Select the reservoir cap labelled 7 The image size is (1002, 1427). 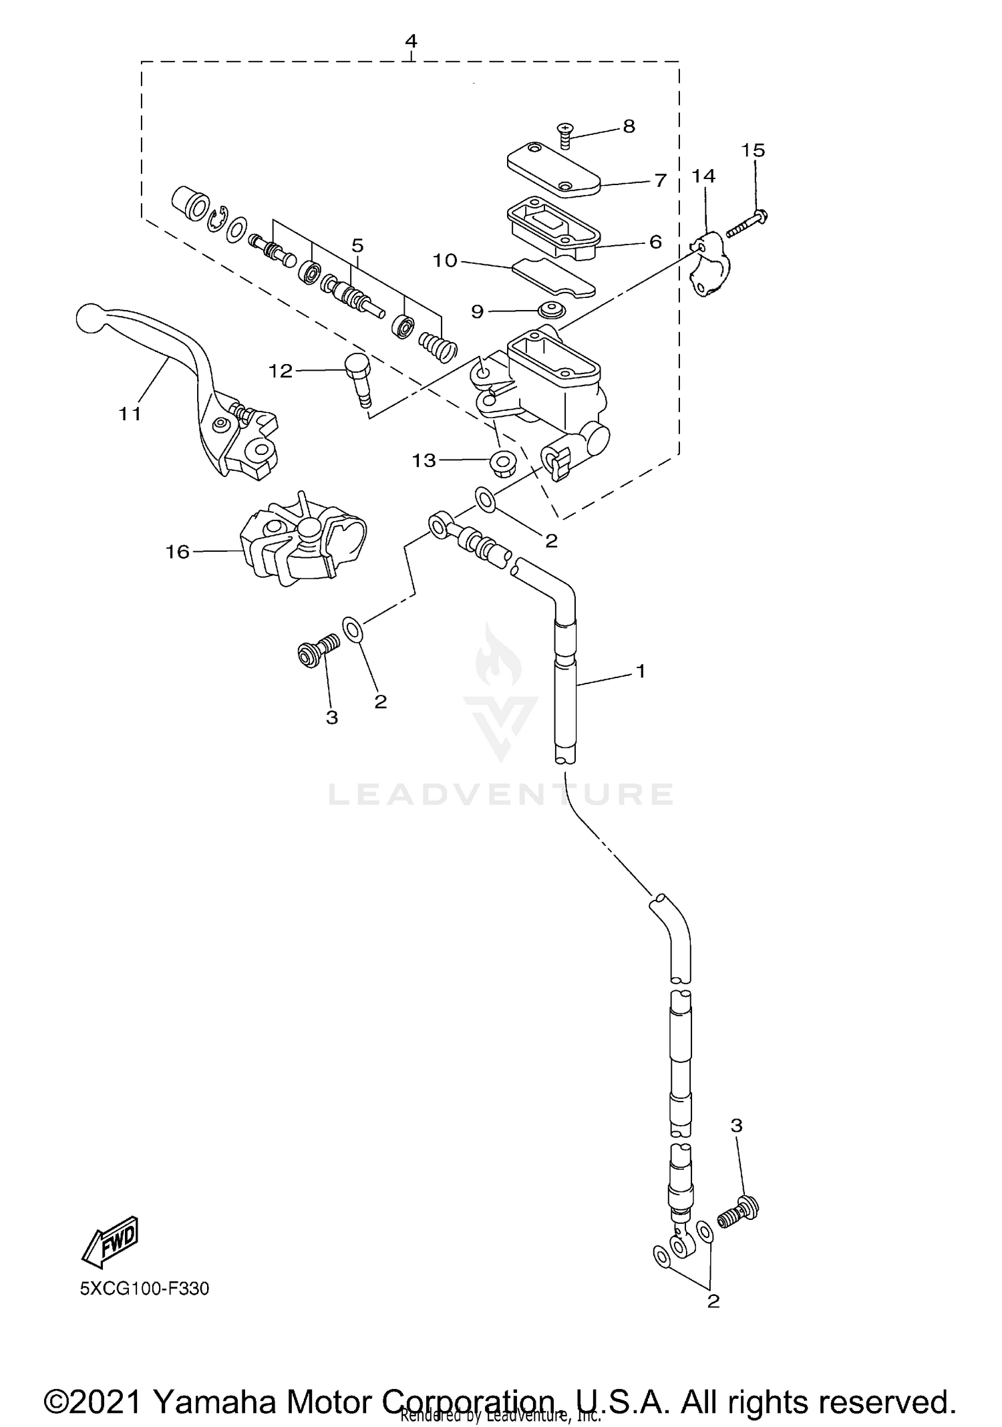tap(554, 170)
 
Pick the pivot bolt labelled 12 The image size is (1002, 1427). tap(359, 378)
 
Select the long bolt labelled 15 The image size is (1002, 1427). tap(745, 224)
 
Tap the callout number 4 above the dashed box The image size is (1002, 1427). tap(411, 41)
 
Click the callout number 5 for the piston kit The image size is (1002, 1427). tap(357, 246)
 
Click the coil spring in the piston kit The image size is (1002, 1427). tap(438, 345)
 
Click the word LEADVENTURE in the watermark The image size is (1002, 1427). tap(501, 794)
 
